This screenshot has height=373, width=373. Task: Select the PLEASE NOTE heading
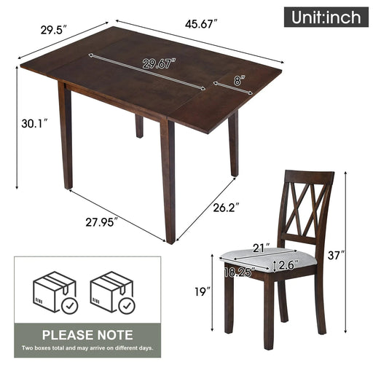87,335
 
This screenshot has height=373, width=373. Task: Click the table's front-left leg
66,138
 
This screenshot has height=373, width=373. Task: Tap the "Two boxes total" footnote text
87,349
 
